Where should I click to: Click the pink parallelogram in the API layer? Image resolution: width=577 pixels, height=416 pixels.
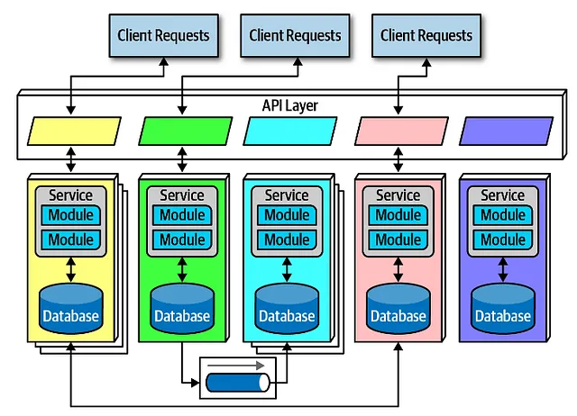pos(400,131)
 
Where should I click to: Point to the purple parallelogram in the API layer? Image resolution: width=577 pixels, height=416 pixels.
pos(505,131)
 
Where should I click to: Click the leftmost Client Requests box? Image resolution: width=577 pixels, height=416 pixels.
pos(163,36)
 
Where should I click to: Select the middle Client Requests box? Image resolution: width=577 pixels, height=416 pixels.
pos(295,36)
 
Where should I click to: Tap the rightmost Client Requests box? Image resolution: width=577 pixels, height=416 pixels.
pos(426,36)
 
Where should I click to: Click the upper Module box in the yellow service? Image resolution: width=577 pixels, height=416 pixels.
pos(71,216)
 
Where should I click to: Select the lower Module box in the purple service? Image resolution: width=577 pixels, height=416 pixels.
pos(503,240)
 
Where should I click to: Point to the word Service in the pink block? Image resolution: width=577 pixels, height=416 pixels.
pos(398,195)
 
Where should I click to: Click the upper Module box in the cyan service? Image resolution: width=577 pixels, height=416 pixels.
pos(287,216)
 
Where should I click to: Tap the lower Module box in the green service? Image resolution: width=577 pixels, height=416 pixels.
pos(182,240)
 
